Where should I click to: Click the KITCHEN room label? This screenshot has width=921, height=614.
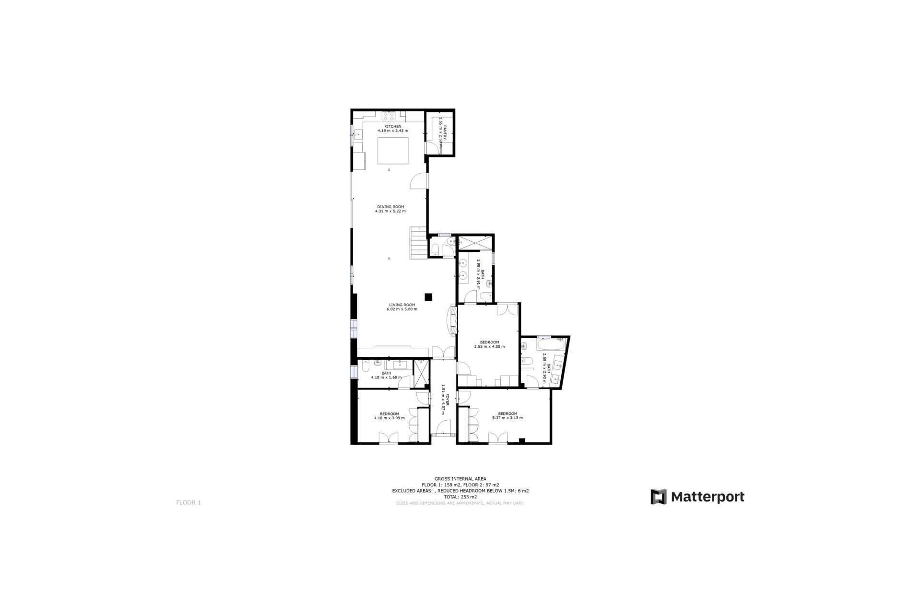click(x=392, y=127)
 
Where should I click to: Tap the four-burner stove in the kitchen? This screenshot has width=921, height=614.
click(x=388, y=116)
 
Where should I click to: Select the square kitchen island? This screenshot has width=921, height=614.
click(x=393, y=151)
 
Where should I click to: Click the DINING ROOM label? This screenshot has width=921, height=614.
click(x=390, y=207)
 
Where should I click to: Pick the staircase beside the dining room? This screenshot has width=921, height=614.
click(x=418, y=243)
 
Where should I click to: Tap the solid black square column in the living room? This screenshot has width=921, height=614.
click(x=428, y=297)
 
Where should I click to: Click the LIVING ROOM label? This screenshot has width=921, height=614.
click(x=401, y=305)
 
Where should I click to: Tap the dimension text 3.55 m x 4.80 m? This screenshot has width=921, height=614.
click(x=489, y=346)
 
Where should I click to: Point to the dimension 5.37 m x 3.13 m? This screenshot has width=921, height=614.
click(x=508, y=418)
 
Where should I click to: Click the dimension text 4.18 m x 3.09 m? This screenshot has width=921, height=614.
click(x=389, y=418)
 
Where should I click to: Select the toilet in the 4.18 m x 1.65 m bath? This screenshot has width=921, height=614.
click(x=365, y=367)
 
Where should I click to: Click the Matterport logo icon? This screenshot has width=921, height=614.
click(x=658, y=496)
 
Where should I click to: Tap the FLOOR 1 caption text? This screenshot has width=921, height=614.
click(x=188, y=503)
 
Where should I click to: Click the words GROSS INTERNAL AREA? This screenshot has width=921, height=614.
click(x=460, y=479)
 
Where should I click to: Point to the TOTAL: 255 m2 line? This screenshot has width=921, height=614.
click(x=460, y=497)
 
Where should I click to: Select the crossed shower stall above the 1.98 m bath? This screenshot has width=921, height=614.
click(x=475, y=243)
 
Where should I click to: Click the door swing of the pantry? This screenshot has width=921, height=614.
click(x=432, y=149)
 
